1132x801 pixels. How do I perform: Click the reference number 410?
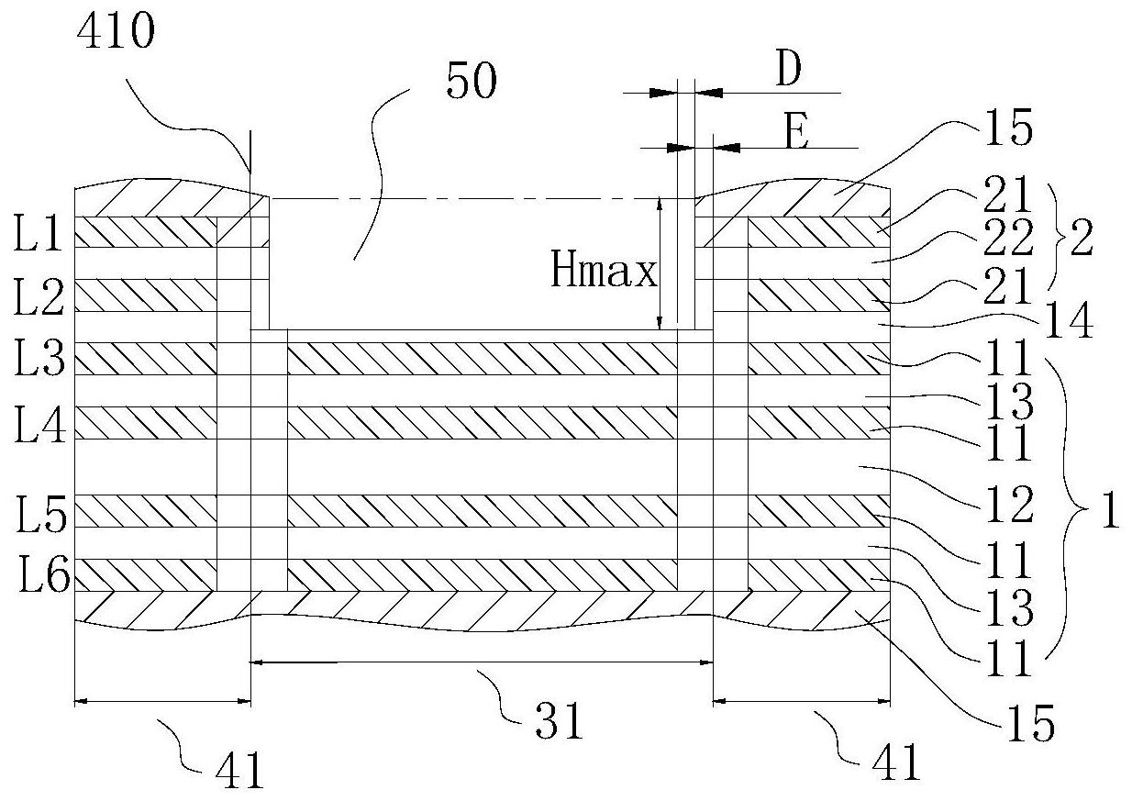[116, 31]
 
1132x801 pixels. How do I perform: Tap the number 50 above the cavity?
[472, 80]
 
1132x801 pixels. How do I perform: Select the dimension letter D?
[788, 68]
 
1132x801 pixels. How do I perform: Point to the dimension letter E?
[796, 130]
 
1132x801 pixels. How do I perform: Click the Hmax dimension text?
[604, 270]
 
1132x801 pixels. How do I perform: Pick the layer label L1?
[38, 233]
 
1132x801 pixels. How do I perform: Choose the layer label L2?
[39, 296]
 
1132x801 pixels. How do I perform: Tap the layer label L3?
[39, 357]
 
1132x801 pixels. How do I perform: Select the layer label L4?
[40, 425]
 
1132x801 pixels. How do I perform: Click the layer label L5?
[41, 514]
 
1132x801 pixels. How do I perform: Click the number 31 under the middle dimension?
[559, 722]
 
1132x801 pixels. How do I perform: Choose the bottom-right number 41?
[896, 762]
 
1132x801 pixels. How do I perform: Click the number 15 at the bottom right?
[1032, 724]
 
